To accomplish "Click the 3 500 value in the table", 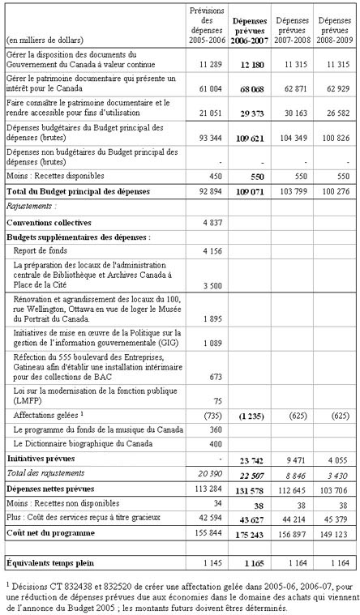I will pos(212,286).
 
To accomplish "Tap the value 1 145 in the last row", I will pos(211,561).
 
